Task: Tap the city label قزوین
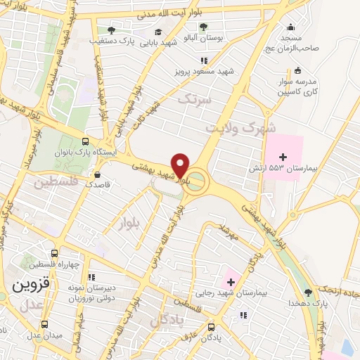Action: click(x=30, y=285)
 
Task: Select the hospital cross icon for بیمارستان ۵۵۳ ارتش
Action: click(x=283, y=157)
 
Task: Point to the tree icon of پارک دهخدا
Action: click(x=308, y=292)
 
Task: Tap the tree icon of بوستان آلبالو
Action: click(x=203, y=27)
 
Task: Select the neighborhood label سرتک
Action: click(x=194, y=99)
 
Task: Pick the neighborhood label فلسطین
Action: click(x=53, y=184)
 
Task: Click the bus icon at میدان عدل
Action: click(x=45, y=324)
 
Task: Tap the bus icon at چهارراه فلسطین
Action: click(x=54, y=253)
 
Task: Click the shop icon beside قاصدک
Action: click(x=96, y=173)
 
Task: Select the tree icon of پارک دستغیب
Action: click(x=111, y=30)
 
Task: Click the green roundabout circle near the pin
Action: click(x=198, y=181)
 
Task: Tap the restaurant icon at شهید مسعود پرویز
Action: click(x=204, y=60)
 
